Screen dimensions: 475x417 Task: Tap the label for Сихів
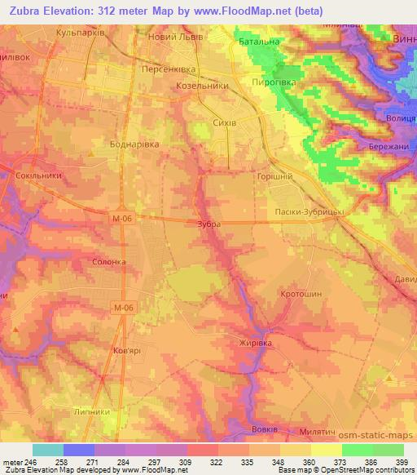[223, 122]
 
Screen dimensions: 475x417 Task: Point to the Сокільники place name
[37, 175]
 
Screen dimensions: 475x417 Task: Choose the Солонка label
[109, 262]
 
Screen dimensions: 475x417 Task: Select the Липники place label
[91, 412]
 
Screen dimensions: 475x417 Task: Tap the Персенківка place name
[169, 70]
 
